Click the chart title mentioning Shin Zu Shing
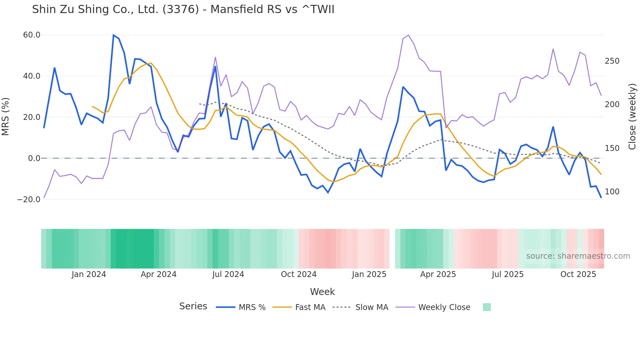(x=183, y=9)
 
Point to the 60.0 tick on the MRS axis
(x=32, y=35)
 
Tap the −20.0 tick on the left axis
(x=29, y=200)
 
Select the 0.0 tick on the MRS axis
(x=34, y=158)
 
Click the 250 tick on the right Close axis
(x=612, y=61)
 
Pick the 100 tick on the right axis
(x=612, y=192)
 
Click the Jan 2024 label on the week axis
(x=89, y=274)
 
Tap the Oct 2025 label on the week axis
(x=578, y=274)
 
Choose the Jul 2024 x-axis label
(x=228, y=274)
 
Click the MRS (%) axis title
(x=6, y=116)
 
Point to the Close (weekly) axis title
(x=632, y=116)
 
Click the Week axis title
(x=322, y=292)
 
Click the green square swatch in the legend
(x=487, y=307)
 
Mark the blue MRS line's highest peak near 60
(x=113, y=35)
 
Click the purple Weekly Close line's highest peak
(x=408, y=35)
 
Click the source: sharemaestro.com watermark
(x=578, y=256)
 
